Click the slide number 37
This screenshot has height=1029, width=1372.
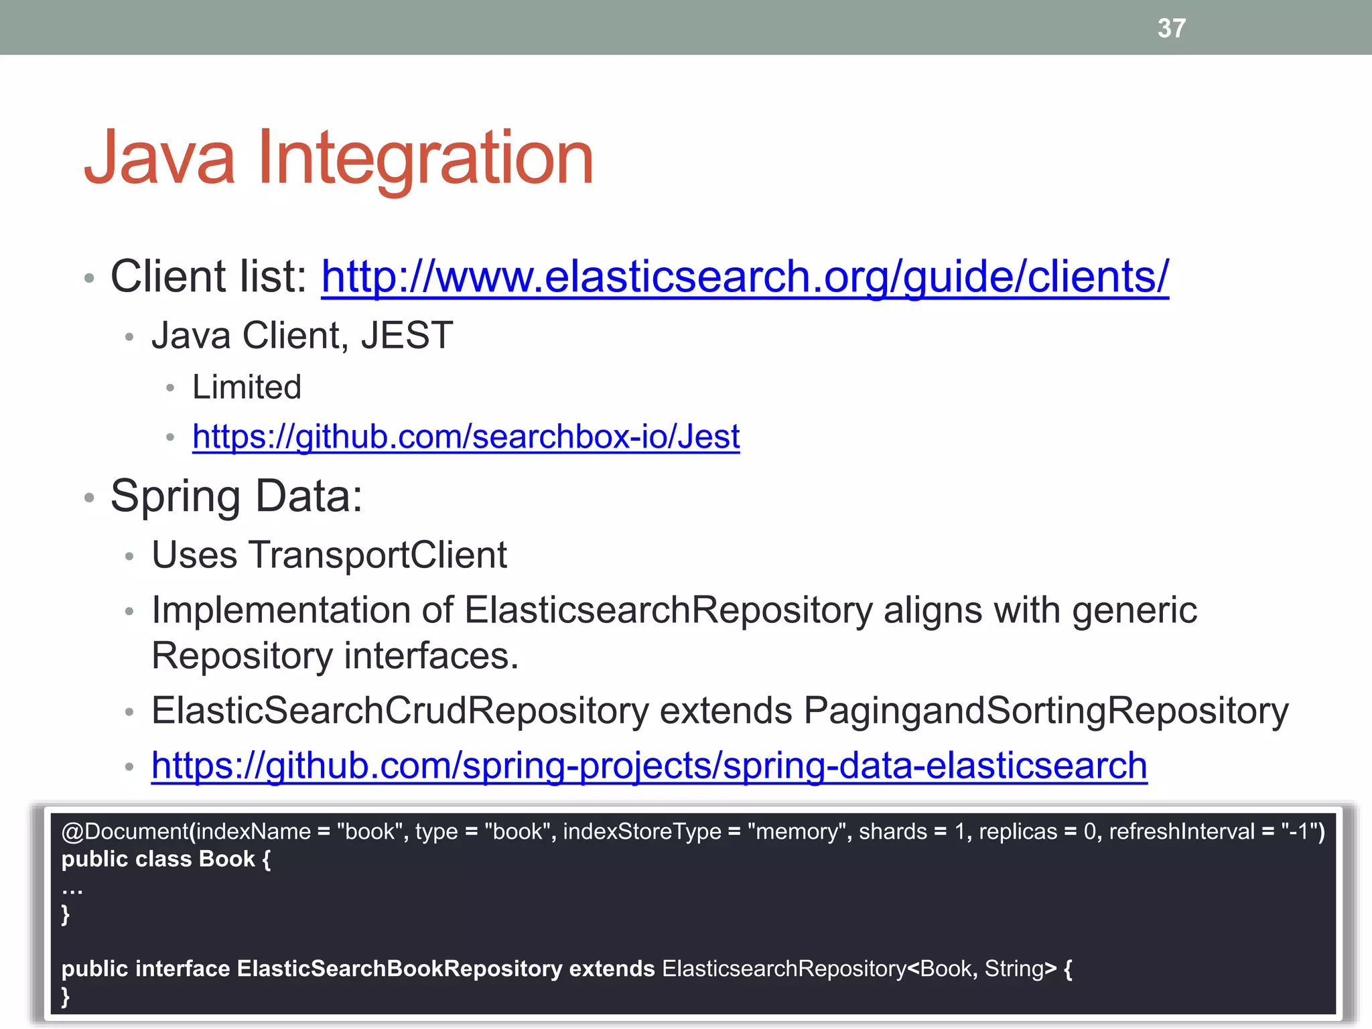(1171, 28)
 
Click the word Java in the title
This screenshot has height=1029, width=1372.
(159, 158)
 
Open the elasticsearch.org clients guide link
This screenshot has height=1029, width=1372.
(744, 277)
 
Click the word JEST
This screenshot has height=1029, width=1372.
(407, 336)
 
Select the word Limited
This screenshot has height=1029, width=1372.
(247, 387)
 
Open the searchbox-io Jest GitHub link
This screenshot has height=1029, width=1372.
(466, 437)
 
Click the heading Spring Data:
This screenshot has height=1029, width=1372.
(236, 496)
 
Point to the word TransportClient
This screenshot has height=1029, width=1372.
(378, 555)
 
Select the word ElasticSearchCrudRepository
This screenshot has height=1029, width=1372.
(400, 711)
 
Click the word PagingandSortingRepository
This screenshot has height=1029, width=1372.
(1045, 711)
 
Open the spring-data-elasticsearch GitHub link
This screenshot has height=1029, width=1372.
(648, 766)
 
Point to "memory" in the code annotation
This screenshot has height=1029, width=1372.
(799, 832)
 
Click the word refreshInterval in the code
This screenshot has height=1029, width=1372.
(1181, 832)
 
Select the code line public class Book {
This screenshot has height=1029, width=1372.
(165, 860)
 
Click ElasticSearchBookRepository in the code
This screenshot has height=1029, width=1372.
(399, 969)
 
